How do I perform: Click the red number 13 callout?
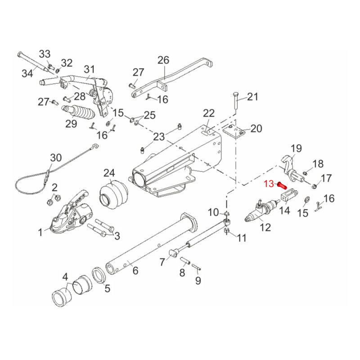pos(269,183)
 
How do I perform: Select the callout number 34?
pos(28,73)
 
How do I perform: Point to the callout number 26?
pos(163,60)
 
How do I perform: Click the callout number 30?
pos(55,157)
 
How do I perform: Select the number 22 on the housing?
pos(209,113)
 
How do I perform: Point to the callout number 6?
pos(135,270)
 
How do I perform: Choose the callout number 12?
pos(265,227)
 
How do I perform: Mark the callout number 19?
pos(296,148)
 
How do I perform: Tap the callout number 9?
pos(198,281)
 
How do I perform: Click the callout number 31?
pos(90,69)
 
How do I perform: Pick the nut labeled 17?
pos(315,186)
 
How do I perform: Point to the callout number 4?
pos(65,276)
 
